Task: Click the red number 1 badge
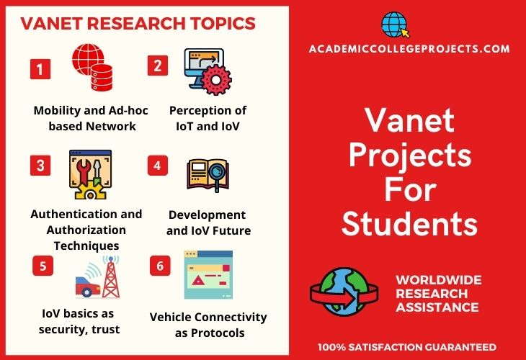tap(40, 69)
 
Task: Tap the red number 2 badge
tap(158, 66)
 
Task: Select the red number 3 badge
tap(40, 166)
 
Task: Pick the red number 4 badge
tap(158, 166)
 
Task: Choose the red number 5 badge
tap(43, 266)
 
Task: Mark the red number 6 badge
tap(160, 266)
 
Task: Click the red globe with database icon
tap(92, 67)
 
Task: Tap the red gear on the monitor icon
tap(216, 80)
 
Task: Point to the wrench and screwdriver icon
tap(90, 175)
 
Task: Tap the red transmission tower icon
tap(111, 277)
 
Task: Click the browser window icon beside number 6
tap(208, 274)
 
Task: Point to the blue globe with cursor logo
tap(395, 24)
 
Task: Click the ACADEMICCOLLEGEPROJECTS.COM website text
tap(409, 49)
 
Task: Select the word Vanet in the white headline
tap(409, 120)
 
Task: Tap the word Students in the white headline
tap(409, 224)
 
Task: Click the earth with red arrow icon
tap(344, 292)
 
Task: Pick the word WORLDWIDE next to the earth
tap(439, 280)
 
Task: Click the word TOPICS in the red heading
tap(223, 23)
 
